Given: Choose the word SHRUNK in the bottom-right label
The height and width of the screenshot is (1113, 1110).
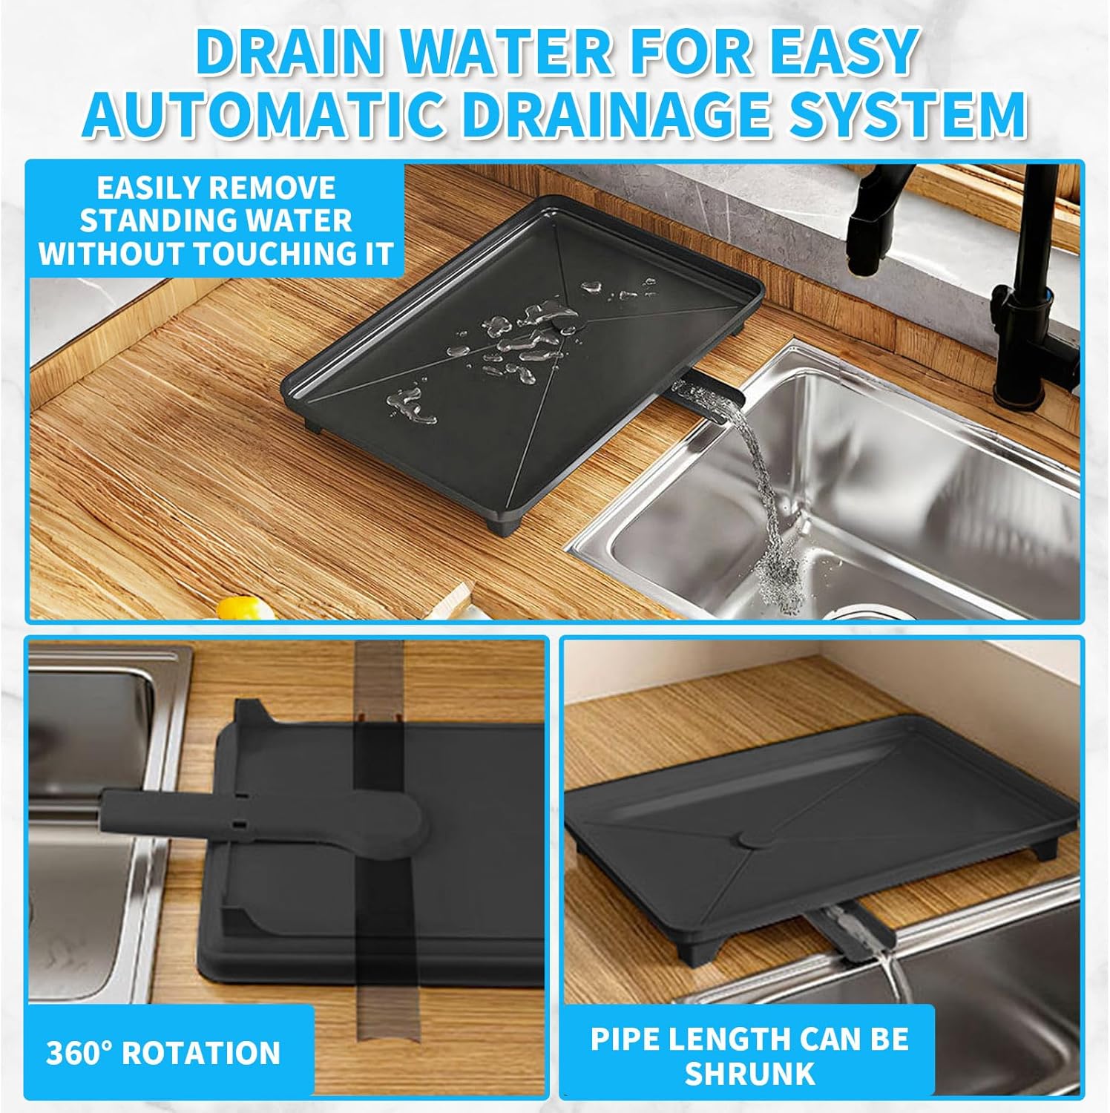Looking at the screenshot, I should click(x=749, y=1074).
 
